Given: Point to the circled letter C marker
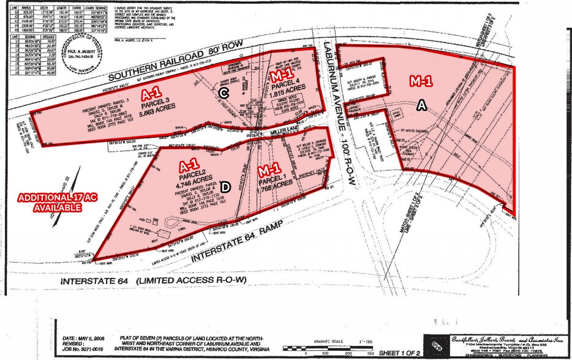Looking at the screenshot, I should click(x=225, y=92).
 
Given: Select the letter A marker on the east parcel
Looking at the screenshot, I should click(x=421, y=106).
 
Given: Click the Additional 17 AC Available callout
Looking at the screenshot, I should click(x=49, y=203).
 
